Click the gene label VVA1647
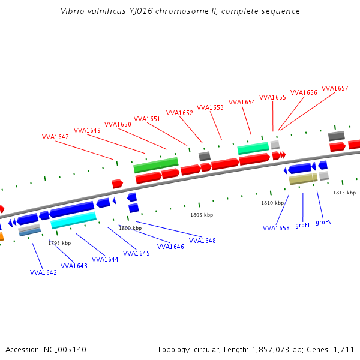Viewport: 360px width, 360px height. [55, 137]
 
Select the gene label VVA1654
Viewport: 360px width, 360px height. [242, 102]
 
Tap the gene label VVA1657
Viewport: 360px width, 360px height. [335, 88]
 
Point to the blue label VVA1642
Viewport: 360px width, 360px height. [43, 272]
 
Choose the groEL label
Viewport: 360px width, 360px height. [303, 225]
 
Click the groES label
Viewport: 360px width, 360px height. [323, 222]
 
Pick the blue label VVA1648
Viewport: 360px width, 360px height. [202, 241]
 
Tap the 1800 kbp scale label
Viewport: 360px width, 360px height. [130, 228]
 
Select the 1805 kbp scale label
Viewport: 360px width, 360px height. [202, 215]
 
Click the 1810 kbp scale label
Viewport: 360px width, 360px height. [272, 203]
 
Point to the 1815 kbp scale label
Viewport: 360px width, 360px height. [344, 193]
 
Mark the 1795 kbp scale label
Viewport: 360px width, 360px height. [59, 243]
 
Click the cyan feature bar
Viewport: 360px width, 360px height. [73, 220]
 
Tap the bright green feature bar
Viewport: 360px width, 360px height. [156, 164]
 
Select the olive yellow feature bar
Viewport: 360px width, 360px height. [302, 179]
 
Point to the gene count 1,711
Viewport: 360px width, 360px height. [343, 349]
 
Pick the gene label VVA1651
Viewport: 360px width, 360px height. [147, 119]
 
